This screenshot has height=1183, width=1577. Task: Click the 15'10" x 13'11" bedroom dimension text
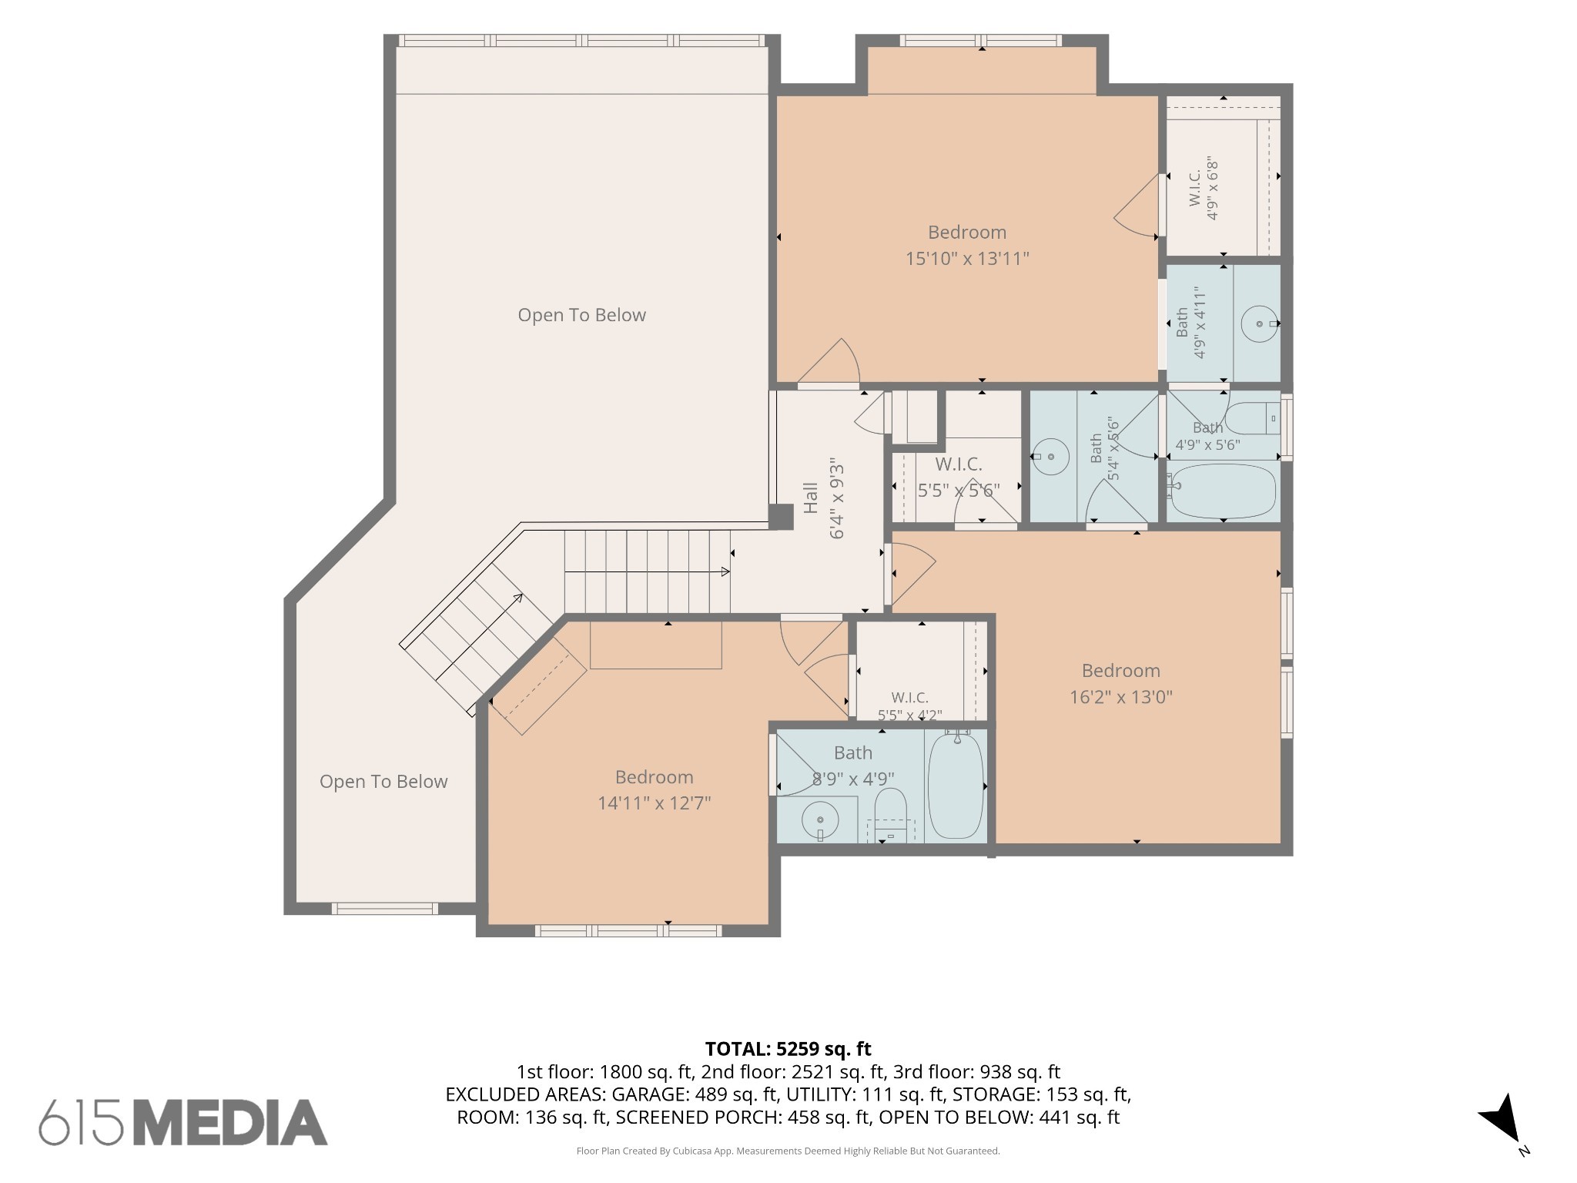[967, 259]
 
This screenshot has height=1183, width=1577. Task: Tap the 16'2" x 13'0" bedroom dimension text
[1121, 697]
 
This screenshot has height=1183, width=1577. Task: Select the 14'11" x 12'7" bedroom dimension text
[654, 803]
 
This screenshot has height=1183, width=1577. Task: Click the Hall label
[810, 498]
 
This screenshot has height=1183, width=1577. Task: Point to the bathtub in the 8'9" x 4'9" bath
[956, 786]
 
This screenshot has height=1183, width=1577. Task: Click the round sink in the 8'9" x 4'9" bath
[821, 821]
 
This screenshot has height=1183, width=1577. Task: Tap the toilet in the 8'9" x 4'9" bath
[891, 815]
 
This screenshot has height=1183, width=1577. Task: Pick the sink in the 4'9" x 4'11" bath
[1261, 324]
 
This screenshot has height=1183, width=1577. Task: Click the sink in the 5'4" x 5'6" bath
[1050, 457]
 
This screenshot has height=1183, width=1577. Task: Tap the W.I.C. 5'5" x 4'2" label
[910, 706]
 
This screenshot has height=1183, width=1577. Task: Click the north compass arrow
[1500, 1118]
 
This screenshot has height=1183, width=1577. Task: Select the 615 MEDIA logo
[183, 1121]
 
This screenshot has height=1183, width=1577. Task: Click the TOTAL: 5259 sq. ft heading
[788, 1049]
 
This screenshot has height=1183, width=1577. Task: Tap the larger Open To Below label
[581, 315]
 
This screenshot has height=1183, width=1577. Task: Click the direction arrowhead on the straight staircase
[725, 571]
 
